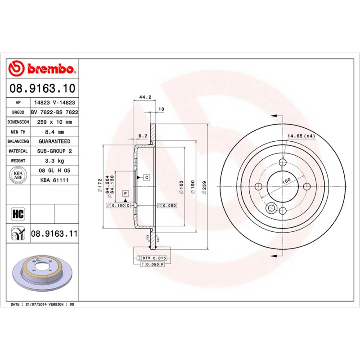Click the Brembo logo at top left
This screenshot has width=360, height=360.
point(42,68)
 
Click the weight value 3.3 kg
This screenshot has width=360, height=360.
point(54,161)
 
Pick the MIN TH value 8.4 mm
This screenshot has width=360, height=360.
point(54,132)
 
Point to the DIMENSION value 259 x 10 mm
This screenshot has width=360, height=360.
point(54,122)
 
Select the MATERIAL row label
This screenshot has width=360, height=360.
point(18,151)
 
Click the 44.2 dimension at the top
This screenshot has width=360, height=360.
point(144,97)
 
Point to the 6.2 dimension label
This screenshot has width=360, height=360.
point(143,135)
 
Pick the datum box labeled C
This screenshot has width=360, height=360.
point(147,177)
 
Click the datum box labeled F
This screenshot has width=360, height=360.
point(126,193)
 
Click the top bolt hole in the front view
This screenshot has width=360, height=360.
point(283,162)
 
